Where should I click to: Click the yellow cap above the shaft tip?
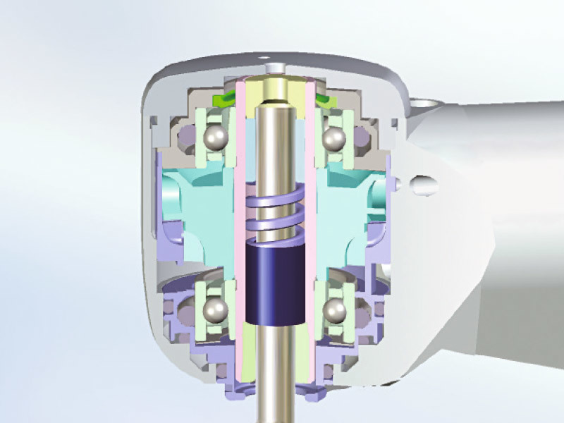(276, 88)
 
